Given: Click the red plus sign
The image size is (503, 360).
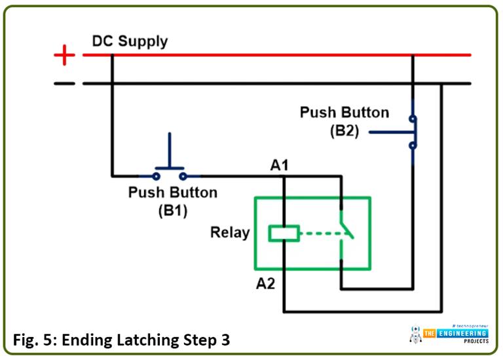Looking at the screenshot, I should point(64,56).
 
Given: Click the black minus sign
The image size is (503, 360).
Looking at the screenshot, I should point(64,84).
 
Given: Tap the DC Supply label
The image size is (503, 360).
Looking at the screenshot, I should point(130,41).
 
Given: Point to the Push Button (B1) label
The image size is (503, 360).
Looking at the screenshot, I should point(172,201).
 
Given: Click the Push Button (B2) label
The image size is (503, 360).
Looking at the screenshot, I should point(344,120).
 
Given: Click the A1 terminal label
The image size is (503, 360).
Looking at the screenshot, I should point(280,166).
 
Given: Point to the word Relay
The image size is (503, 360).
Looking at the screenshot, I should point(230,232).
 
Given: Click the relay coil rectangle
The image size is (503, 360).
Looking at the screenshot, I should point(284,232).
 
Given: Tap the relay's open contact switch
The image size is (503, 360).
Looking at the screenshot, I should point(345,232).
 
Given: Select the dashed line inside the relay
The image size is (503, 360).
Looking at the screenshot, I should point(318,232).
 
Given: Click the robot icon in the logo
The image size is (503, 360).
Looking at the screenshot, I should point(415,334).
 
